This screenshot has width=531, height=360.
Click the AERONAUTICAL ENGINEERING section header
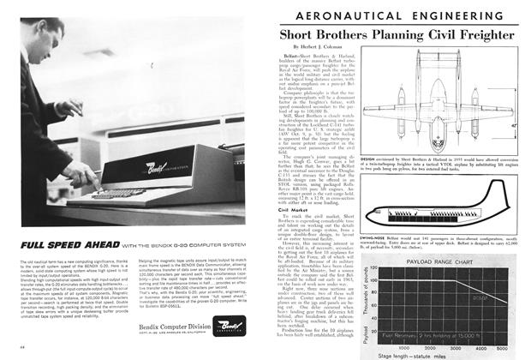coord(401,15)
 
